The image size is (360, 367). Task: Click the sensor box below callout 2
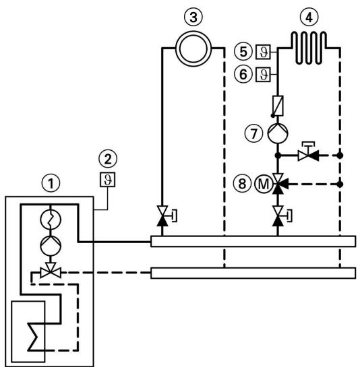tap(105, 180)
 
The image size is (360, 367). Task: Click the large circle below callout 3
tap(193, 48)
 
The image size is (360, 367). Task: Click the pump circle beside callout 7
tap(276, 133)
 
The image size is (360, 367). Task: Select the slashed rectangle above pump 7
tap(276, 104)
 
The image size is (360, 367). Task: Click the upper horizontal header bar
tap(253, 241)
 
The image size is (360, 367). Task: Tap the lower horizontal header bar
tap(253, 272)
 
